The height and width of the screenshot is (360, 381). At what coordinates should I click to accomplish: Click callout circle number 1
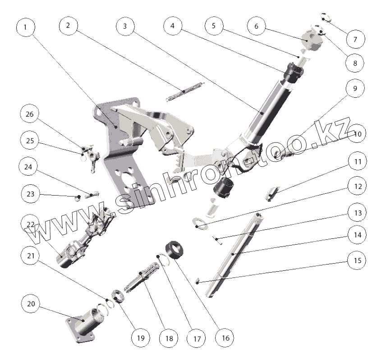click(x=25, y=27)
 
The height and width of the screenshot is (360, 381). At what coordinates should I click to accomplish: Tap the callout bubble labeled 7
click(x=355, y=39)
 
